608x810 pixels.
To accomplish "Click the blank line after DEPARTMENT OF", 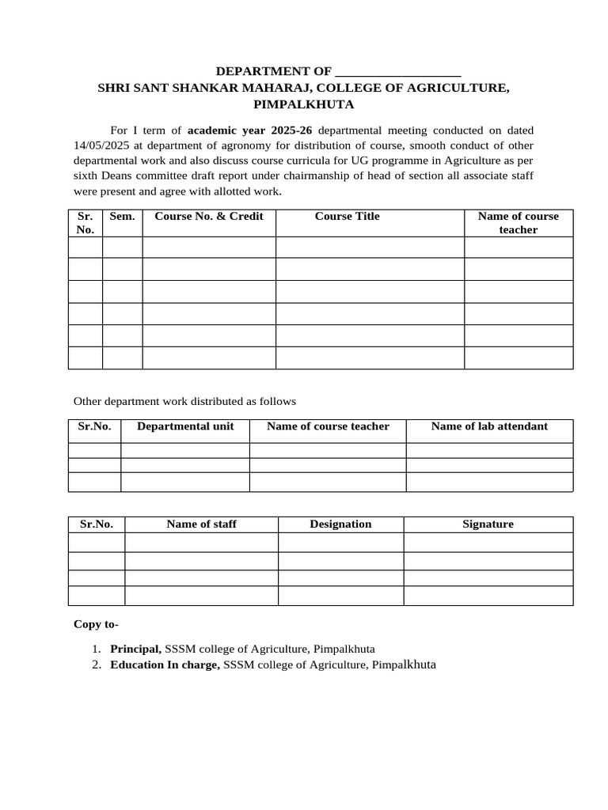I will pyautogui.click(x=398, y=73).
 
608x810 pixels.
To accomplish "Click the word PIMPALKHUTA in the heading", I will pyautogui.click(x=304, y=104).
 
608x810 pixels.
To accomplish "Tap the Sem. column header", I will pyautogui.click(x=122, y=217).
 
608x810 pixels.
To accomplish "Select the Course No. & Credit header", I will pyautogui.click(x=209, y=217).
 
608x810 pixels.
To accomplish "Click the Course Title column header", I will pyautogui.click(x=347, y=217).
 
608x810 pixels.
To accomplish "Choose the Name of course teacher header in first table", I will pyautogui.click(x=518, y=223).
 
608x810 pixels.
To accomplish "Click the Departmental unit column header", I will pyautogui.click(x=185, y=426).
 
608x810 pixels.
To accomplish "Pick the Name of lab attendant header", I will pyautogui.click(x=488, y=426).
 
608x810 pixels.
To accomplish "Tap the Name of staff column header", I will pyautogui.click(x=201, y=524).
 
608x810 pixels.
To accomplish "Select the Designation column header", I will pyautogui.click(x=340, y=524).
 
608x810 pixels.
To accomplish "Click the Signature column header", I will pyautogui.click(x=488, y=524).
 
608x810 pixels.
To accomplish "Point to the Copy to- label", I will pyautogui.click(x=96, y=625).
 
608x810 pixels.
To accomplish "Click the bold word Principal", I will pyautogui.click(x=135, y=649).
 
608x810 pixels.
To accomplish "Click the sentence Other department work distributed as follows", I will pyautogui.click(x=184, y=402).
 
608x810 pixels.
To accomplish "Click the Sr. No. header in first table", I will pyautogui.click(x=85, y=223).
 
